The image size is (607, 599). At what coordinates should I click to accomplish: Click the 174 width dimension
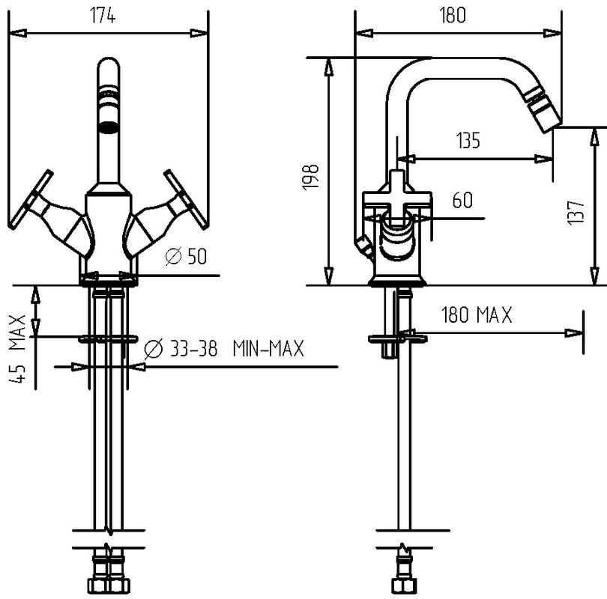tap(103, 16)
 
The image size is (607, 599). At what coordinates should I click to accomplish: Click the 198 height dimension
tap(310, 177)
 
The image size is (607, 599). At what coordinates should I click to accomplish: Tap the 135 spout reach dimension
tap(468, 140)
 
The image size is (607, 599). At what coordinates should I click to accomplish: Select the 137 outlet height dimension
tap(576, 213)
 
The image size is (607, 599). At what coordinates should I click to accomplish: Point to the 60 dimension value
tap(462, 201)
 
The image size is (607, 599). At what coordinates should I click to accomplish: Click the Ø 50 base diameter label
tap(186, 256)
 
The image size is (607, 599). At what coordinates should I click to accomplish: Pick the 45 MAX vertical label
tap(17, 349)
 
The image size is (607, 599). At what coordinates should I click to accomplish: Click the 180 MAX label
tap(477, 314)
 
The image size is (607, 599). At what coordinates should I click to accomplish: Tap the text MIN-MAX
tap(268, 348)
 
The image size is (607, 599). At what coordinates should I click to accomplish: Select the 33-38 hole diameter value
tap(193, 348)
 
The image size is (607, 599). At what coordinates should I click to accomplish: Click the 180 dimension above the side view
tap(453, 16)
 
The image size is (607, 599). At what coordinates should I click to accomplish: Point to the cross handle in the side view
tap(396, 197)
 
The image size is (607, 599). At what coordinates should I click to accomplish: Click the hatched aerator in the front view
tap(108, 127)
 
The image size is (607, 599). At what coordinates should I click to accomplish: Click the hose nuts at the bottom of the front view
tap(108, 585)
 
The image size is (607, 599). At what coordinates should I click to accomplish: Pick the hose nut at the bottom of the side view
tap(404, 585)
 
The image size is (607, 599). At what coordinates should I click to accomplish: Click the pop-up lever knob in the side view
tap(363, 246)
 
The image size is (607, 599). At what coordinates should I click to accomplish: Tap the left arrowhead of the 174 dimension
tap(17, 34)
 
